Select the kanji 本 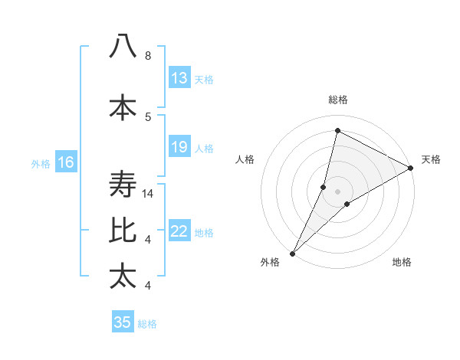pos(123,107)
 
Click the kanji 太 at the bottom pos(123,276)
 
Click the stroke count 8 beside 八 pos(148,56)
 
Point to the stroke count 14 pos(149,194)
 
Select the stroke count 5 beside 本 pos(148,116)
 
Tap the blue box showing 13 pos(179,78)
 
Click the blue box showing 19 pos(179,147)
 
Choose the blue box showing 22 pos(179,232)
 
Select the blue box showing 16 pos(65,162)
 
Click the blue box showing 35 pos(123,322)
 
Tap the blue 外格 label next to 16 pos(40,163)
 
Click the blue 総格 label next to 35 pos(147,324)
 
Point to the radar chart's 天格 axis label pos(431,159)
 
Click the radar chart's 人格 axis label pos(245,159)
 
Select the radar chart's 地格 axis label pos(402,262)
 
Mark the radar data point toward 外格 pos(292,253)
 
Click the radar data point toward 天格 pos(410,169)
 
